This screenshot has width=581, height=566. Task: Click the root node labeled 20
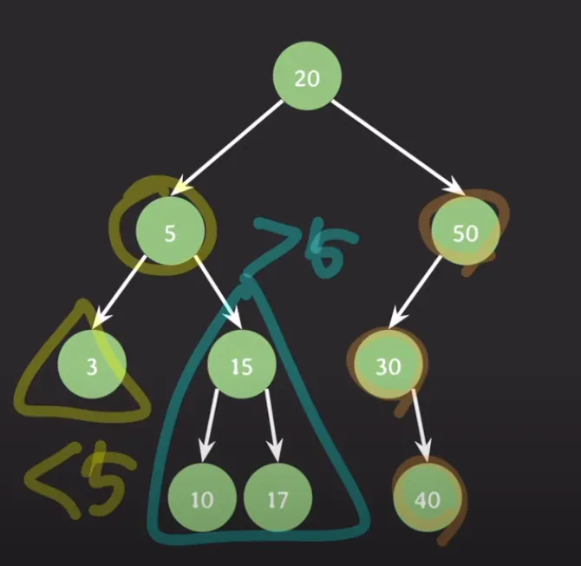[x=307, y=78]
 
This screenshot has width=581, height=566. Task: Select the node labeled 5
[x=170, y=232]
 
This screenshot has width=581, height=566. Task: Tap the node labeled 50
[x=466, y=232]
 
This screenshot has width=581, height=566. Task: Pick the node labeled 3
[x=92, y=365]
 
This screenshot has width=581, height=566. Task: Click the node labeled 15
[x=241, y=365]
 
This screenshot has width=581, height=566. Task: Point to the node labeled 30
[x=388, y=365]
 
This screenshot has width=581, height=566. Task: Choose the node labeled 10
[x=201, y=499]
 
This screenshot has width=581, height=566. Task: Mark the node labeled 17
[x=277, y=499]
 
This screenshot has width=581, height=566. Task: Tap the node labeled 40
[x=428, y=499]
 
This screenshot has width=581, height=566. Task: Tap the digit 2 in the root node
[x=300, y=78]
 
